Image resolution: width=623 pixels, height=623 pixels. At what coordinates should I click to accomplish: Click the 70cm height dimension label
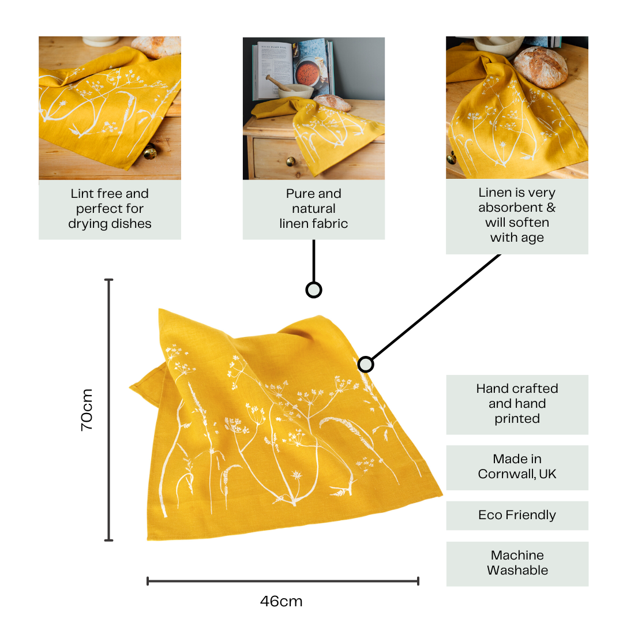pos(87,410)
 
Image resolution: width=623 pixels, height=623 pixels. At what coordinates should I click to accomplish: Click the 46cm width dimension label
pos(282,602)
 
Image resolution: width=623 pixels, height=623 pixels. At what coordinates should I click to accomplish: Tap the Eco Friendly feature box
pos(517,515)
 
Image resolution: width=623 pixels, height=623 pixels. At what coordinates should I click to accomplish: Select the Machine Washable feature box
pos(517,564)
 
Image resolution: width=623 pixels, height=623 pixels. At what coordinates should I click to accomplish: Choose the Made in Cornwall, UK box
pos(517,467)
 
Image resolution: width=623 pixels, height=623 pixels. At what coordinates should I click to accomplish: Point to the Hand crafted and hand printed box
pos(517,404)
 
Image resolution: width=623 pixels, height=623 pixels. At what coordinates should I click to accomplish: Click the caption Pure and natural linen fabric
pos(313,209)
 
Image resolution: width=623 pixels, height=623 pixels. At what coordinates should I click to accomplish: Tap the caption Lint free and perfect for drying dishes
pos(110,209)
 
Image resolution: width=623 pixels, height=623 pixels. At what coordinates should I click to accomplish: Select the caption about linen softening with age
pos(517,216)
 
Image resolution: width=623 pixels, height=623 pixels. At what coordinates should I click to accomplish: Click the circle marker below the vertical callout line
pos(313,290)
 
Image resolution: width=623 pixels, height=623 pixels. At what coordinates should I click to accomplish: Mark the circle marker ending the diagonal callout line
pos(366,365)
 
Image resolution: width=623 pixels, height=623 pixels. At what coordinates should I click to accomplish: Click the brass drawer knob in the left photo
pos(150,152)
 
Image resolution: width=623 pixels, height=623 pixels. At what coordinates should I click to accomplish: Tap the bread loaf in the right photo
pos(541,66)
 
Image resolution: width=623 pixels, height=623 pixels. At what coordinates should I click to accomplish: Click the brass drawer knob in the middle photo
pos(291,162)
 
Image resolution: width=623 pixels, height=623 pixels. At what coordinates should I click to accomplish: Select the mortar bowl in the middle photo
pos(295,91)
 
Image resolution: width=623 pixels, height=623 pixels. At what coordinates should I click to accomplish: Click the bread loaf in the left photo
pos(156,47)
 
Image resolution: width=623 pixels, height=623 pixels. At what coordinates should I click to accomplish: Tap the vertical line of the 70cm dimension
pos(109,410)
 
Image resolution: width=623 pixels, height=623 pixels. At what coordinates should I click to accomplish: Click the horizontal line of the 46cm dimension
pos(283,581)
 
